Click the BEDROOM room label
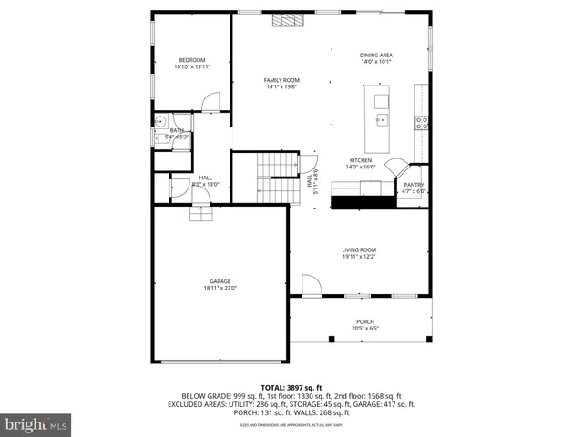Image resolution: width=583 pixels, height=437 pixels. pos(192,60)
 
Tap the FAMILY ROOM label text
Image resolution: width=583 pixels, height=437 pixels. pos(281,80)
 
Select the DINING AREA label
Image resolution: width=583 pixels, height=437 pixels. pos(375,55)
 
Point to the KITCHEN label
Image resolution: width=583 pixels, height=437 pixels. pos(361,160)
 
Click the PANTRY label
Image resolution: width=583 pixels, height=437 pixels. pos(414,185)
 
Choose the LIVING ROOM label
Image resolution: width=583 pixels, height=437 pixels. pos(359,249)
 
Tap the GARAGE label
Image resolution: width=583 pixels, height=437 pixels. pos(220,281)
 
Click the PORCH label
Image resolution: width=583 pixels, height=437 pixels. pos(365,322)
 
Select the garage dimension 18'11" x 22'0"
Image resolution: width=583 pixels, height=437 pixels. pos(220,289)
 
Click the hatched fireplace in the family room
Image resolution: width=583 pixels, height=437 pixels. pos(291,20)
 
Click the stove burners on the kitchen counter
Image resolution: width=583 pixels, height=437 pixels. pos(422,122)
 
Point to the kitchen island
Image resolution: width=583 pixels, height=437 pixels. pos(377,118)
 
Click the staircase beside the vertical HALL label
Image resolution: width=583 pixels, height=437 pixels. pos(277,178)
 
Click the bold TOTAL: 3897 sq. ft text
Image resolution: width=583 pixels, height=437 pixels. pos(291,388)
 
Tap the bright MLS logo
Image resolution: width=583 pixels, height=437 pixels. pos(36,423)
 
